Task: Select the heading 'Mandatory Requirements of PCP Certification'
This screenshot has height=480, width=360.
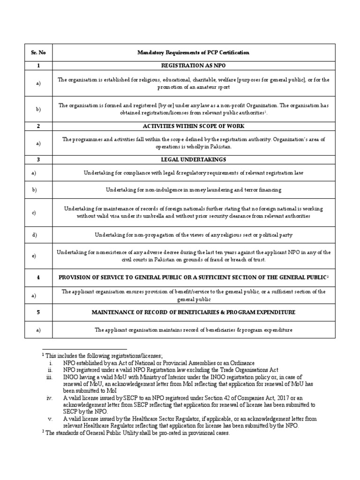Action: (194, 52)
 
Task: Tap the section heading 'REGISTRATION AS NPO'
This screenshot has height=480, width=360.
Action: (194, 66)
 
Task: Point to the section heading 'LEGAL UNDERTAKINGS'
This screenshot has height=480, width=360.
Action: (194, 159)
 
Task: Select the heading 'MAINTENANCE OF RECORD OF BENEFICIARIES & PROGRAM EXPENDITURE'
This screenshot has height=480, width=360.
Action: (194, 312)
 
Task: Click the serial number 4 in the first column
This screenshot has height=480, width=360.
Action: (37, 278)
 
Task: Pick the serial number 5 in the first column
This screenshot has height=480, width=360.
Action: (37, 312)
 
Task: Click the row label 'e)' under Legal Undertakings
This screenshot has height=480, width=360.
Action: (34, 256)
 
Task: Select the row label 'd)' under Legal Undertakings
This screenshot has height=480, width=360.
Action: (34, 234)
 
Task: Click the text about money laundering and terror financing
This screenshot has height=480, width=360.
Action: (194, 190)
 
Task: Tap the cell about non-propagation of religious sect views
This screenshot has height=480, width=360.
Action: (194, 234)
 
